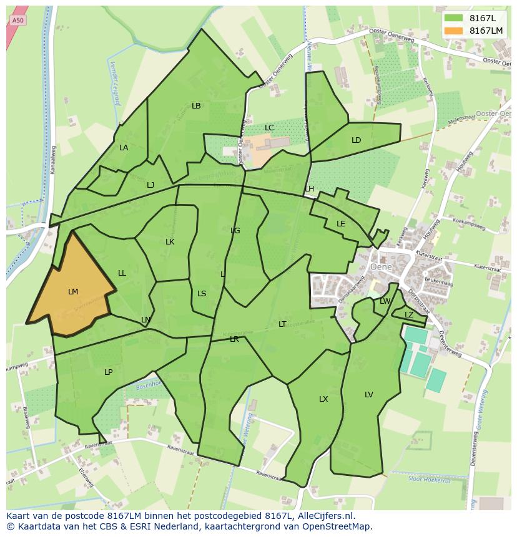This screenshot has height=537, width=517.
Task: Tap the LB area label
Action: coord(196,106)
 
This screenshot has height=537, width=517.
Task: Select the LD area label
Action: coord(356,140)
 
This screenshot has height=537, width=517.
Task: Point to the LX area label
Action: coord(323,399)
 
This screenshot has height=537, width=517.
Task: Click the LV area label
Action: coord(369,395)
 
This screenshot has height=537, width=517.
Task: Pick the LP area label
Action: coord(108,372)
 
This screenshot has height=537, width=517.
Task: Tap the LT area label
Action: coord(282,324)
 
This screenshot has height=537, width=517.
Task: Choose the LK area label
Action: coord(170,242)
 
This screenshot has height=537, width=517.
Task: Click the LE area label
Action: coord(341,224)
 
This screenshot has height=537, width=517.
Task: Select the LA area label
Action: coord(124,148)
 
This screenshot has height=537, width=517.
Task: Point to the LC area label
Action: coord(269,128)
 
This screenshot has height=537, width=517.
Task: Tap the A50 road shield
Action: coord(18,21)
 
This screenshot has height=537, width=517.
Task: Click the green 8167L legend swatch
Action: coord(453,18)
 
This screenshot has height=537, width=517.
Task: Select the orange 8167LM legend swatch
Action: coord(453,31)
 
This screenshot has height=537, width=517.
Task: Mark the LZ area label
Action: coord(409,315)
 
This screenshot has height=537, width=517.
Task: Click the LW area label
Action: coord(385,301)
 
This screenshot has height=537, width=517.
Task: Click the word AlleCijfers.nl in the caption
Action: coord(324,516)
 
